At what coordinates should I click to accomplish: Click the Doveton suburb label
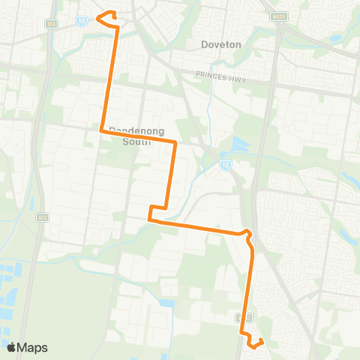coord(221,44)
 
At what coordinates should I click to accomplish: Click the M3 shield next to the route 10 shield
coord(51,24)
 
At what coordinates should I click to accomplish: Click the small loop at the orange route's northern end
coord(106,14)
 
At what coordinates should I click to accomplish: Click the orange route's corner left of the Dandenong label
coord(102,130)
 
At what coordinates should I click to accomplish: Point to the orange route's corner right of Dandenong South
coord(175,141)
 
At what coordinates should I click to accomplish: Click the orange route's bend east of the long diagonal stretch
coord(247,234)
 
